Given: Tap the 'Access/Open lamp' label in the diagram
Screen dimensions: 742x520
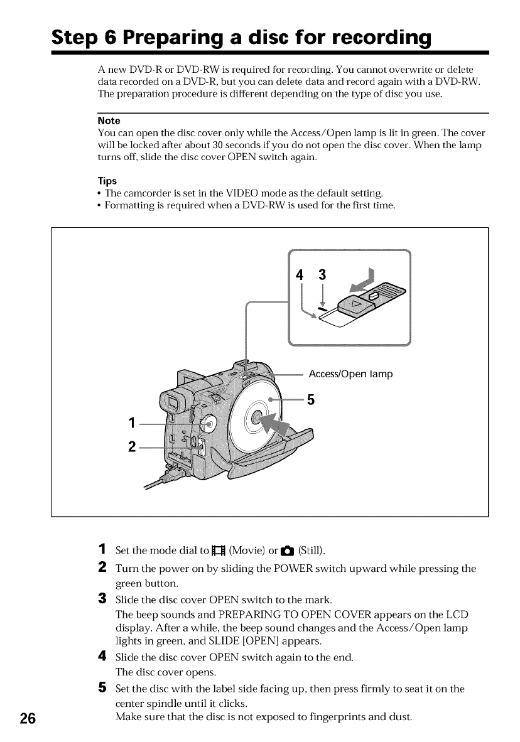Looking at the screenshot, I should point(350,374).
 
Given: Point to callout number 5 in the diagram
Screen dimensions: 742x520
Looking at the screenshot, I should point(309,399).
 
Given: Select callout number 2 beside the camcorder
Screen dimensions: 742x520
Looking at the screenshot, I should point(131,447).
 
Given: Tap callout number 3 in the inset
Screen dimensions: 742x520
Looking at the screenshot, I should point(322,274).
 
